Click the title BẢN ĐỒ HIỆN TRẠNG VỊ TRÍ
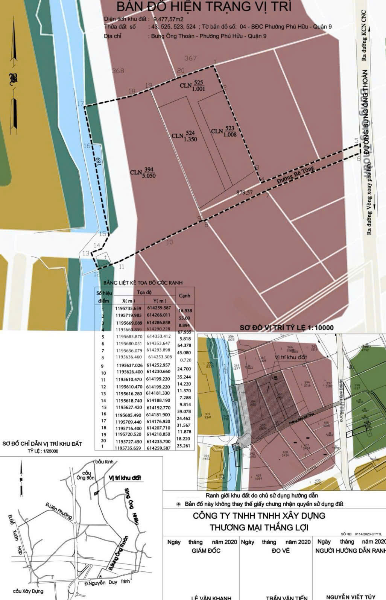click(204, 7)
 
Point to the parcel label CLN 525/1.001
click(192, 86)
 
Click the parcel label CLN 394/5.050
click(143, 173)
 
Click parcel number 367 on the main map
click(190, 58)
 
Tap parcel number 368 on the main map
click(118, 71)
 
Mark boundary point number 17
click(81, 104)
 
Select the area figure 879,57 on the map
click(245, 193)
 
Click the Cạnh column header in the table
click(184, 296)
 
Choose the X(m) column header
click(129, 301)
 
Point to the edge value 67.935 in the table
click(184, 332)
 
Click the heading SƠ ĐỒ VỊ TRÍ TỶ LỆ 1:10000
click(287, 328)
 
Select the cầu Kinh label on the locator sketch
click(104, 461)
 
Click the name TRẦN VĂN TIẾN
click(286, 597)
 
